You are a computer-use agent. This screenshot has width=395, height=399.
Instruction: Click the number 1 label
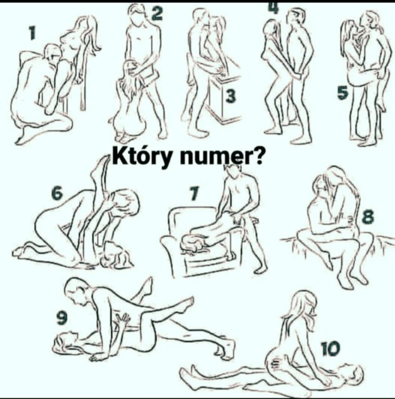(32, 33)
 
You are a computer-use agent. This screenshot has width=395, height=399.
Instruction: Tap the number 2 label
(157, 14)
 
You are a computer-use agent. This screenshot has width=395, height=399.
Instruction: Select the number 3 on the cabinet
(231, 96)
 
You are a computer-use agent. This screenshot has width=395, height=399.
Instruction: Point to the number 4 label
(273, 7)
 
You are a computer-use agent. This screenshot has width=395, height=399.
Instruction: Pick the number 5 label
(343, 92)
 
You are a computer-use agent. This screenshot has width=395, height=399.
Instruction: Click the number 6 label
(57, 193)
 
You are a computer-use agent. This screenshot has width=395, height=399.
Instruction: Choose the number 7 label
(194, 193)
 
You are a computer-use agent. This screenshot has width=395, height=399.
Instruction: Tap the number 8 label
(368, 217)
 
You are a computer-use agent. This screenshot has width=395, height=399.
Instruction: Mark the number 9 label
(62, 318)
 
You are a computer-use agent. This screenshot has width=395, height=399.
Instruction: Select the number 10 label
(330, 349)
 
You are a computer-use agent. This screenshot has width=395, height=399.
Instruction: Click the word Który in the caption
(142, 156)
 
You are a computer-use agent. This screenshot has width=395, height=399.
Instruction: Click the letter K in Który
(119, 156)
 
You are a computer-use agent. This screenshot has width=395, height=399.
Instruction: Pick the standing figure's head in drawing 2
(138, 14)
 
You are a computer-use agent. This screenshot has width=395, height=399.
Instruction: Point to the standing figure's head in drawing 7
(235, 173)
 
